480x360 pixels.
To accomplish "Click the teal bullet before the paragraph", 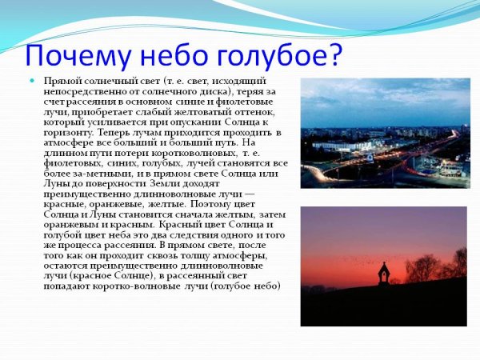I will click(33, 82).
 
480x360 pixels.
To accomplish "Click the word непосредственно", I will click(84, 92).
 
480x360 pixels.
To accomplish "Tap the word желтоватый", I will click(193, 112).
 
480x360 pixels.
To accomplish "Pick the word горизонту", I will click(67, 132).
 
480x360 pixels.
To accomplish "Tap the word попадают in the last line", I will click(67, 286).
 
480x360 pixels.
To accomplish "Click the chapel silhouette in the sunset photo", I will click(383, 273).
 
